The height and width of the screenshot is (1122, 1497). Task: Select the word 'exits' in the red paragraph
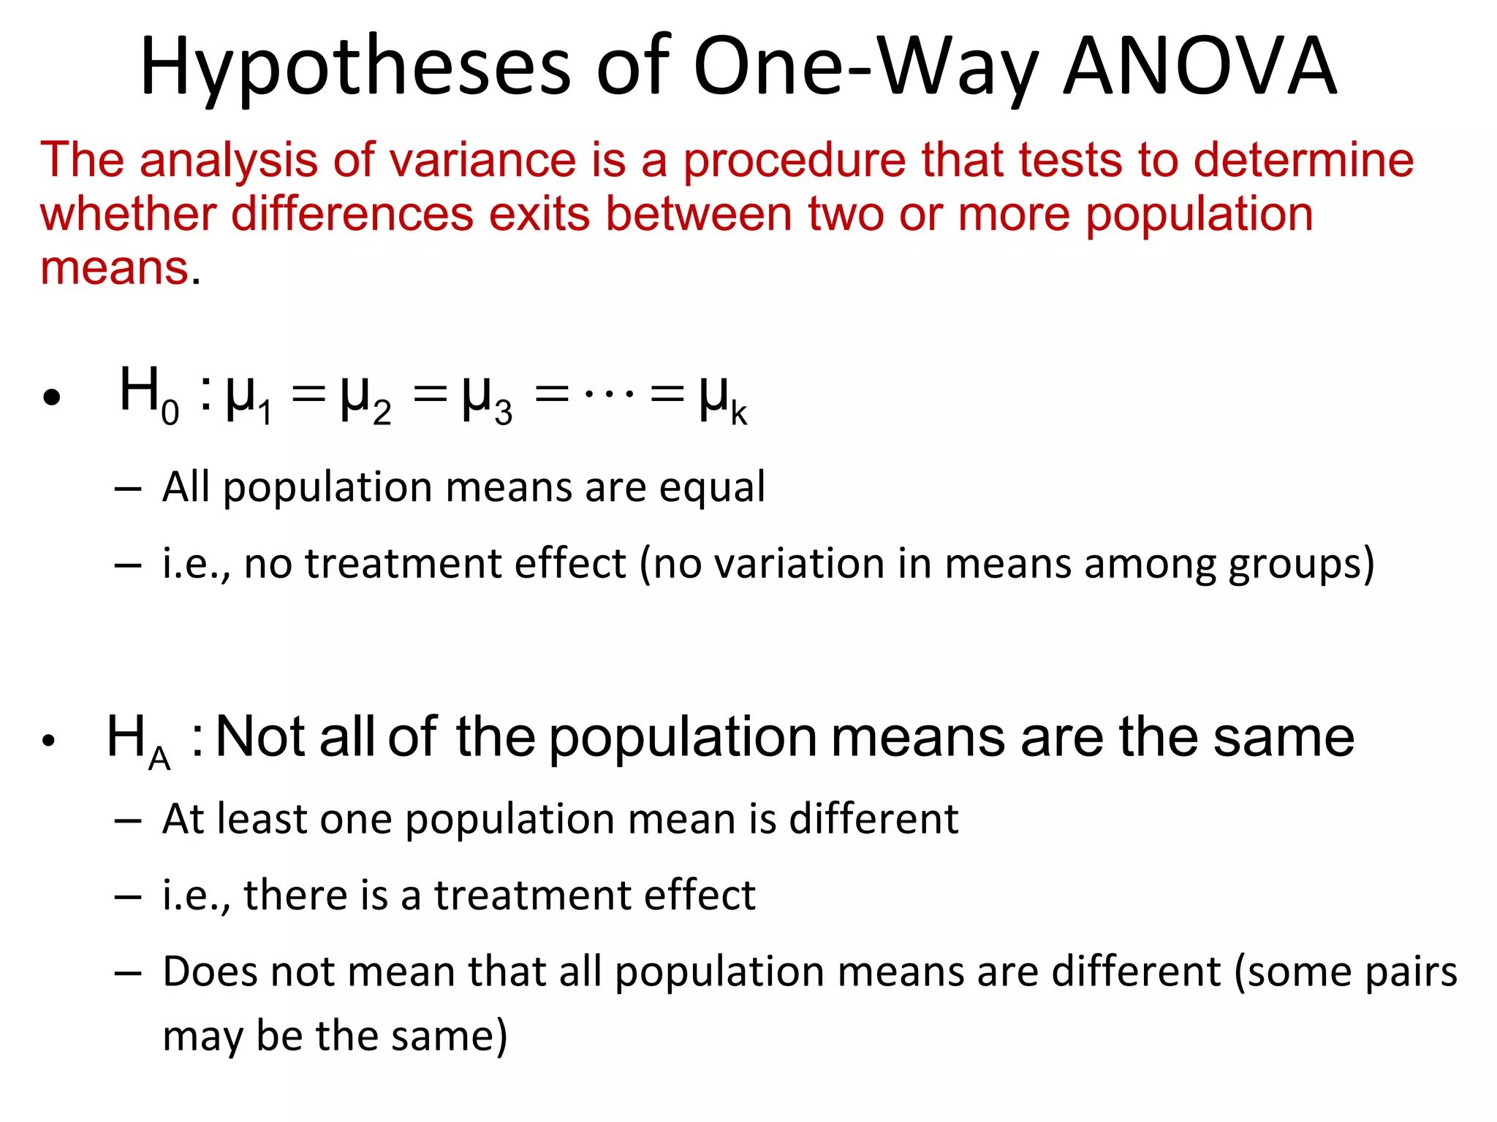pos(539,214)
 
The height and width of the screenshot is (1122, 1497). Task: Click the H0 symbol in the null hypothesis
pos(149,394)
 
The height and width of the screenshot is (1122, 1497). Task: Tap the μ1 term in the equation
pos(249,400)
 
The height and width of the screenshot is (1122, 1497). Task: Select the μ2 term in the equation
pos(365,400)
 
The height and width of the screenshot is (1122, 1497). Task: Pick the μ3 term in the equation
pos(487,400)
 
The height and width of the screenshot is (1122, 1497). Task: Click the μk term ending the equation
pos(723,400)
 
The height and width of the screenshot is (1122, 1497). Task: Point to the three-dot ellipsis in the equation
pos(609,395)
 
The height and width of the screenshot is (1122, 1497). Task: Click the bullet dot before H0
pos(51,399)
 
